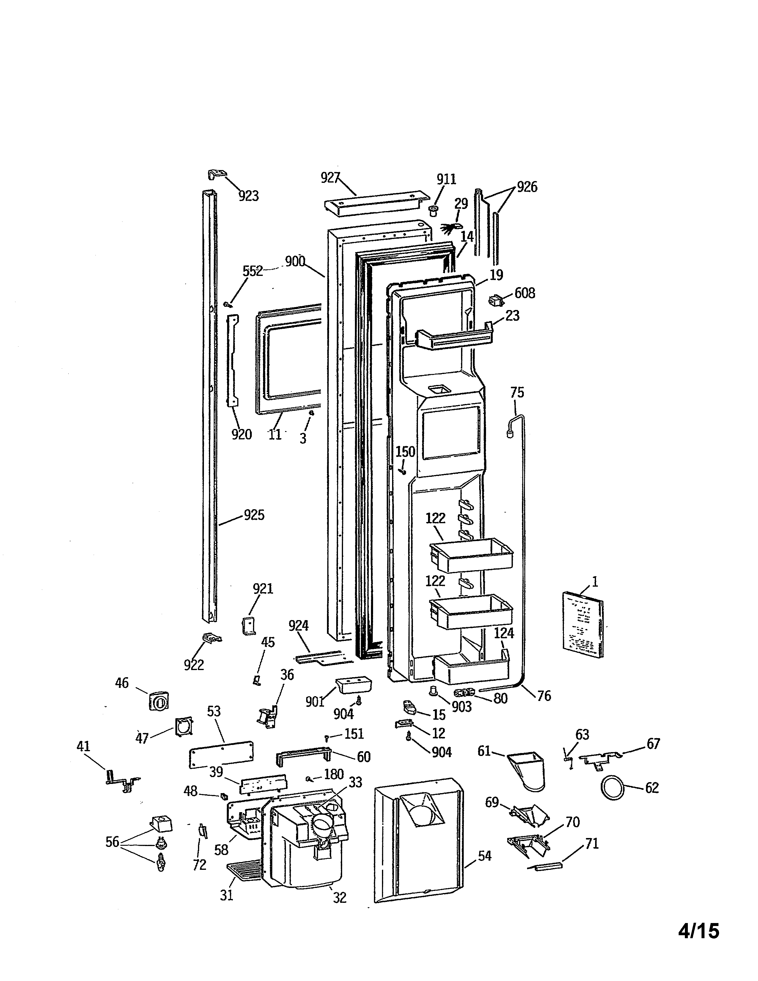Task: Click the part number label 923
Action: coord(248,196)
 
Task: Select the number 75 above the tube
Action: coord(517,393)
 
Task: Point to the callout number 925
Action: coord(254,515)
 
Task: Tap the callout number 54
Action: coord(485,856)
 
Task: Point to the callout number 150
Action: coord(405,452)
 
